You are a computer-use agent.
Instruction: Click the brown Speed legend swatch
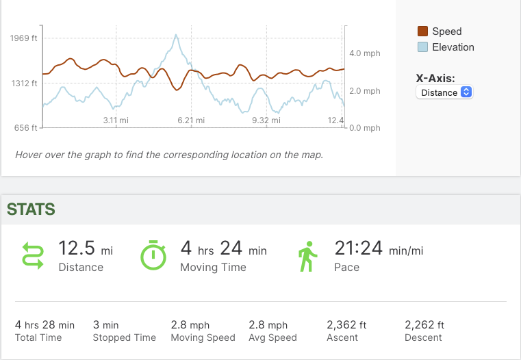(x=422, y=31)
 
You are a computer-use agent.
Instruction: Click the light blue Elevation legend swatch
(x=422, y=47)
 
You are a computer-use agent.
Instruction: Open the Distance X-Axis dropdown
(x=444, y=92)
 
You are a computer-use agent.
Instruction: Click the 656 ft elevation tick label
(x=26, y=128)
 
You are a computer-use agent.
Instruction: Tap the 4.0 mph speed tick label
(x=364, y=53)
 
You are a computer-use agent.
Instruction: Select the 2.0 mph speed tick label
(x=364, y=91)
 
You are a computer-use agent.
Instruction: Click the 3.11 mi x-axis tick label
(x=116, y=120)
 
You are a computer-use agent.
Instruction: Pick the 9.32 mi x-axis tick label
(x=266, y=120)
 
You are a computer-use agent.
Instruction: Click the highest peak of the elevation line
(x=177, y=35)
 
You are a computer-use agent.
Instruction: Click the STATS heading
(x=31, y=209)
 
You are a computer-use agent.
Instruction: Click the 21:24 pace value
(x=358, y=248)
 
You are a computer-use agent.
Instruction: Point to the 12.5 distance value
(x=77, y=248)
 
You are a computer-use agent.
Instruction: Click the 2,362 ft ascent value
(x=346, y=325)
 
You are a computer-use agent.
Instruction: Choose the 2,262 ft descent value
(x=424, y=325)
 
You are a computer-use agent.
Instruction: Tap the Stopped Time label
(x=125, y=337)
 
